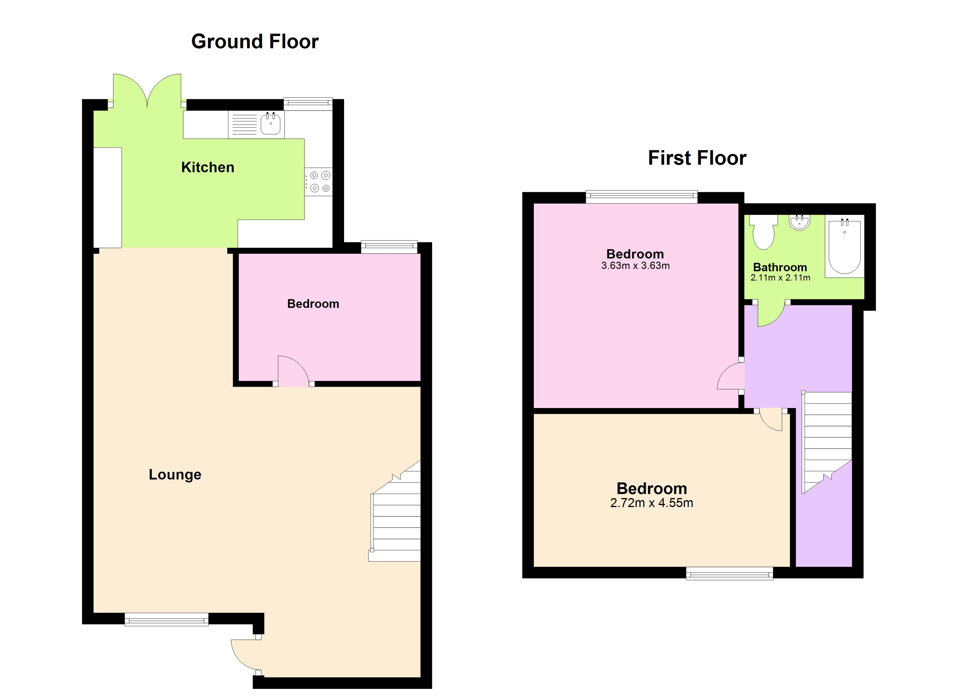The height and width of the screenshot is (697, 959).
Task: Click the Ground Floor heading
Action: pyautogui.click(x=255, y=42)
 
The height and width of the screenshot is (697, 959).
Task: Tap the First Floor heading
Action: pyautogui.click(x=697, y=158)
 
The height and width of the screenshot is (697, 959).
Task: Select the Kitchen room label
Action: pyautogui.click(x=207, y=167)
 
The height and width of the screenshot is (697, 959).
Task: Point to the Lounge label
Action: pyautogui.click(x=175, y=474)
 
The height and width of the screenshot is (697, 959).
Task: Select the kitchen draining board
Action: pyautogui.click(x=244, y=125)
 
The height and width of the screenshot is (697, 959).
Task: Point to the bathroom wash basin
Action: pyautogui.click(x=799, y=222)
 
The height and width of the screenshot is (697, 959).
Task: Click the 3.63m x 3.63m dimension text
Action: pyautogui.click(x=635, y=266)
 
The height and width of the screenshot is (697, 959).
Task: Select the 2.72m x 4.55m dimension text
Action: pyautogui.click(x=652, y=503)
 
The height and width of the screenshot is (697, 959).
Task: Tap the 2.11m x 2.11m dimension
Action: pyautogui.click(x=780, y=278)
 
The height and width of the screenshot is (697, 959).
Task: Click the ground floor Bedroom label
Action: pyautogui.click(x=313, y=303)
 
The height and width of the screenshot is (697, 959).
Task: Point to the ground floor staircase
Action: pyautogui.click(x=395, y=520)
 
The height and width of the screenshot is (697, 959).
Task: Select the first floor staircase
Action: pyautogui.click(x=827, y=440)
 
